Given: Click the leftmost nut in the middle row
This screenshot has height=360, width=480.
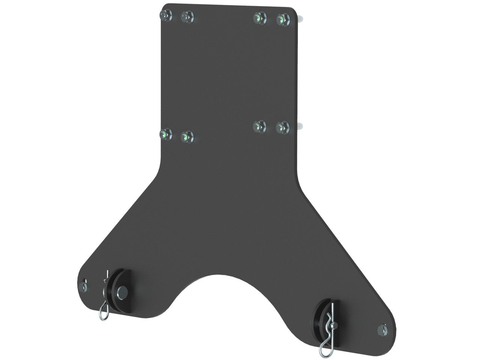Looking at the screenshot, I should (165, 133).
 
